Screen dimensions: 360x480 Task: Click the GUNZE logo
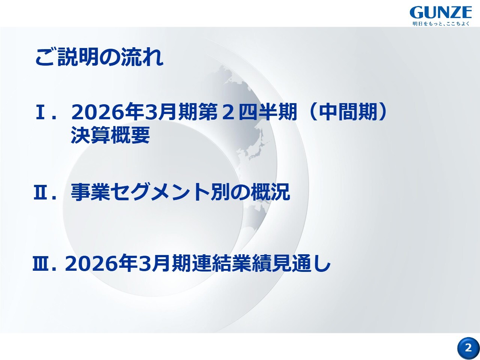point(441,13)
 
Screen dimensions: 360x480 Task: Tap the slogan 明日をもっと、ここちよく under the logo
point(441,24)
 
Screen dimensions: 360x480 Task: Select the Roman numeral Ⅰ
point(40,112)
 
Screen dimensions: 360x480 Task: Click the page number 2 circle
point(468,348)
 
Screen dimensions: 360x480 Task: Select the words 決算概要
point(111,135)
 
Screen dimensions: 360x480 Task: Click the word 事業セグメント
point(140,192)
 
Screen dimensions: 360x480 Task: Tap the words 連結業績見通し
point(261,264)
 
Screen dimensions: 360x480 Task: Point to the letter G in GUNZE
point(417,13)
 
